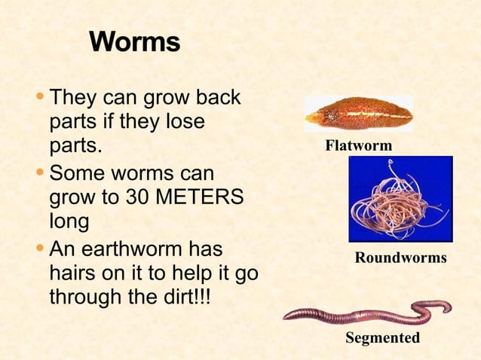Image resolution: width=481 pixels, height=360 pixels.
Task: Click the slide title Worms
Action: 134,41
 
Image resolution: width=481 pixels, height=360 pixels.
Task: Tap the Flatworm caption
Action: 358,145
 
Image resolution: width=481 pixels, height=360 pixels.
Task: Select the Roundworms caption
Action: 400,258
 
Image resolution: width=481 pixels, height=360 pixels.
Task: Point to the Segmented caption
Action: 382,338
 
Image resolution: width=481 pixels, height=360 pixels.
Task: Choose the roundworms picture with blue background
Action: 400,199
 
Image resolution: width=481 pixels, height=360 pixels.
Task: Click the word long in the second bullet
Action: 69,223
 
